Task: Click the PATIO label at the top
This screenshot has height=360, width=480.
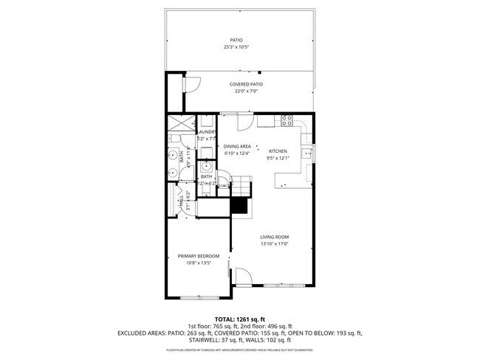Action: point(236,41)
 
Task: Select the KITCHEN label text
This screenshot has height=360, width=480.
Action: point(277,150)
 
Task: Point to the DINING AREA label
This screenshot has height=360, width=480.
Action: point(237,147)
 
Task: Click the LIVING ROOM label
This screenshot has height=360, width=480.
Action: point(273,238)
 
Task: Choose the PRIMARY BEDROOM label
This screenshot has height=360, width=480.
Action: point(199,256)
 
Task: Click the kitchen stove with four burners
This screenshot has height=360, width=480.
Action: point(287,120)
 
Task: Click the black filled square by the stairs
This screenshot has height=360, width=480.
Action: point(239,206)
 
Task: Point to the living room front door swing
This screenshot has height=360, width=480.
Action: point(242,277)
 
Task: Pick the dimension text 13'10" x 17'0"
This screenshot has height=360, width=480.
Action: point(273,244)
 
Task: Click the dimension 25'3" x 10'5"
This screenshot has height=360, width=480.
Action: point(236,47)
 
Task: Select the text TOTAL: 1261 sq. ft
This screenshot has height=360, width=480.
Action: point(239,319)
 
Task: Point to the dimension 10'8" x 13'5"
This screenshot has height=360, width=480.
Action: point(199,263)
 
